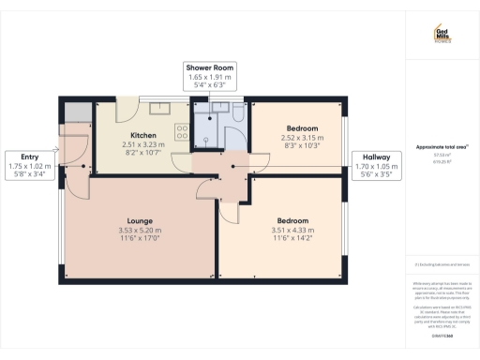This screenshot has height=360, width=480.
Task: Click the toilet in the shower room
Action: (x=237, y=112)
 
